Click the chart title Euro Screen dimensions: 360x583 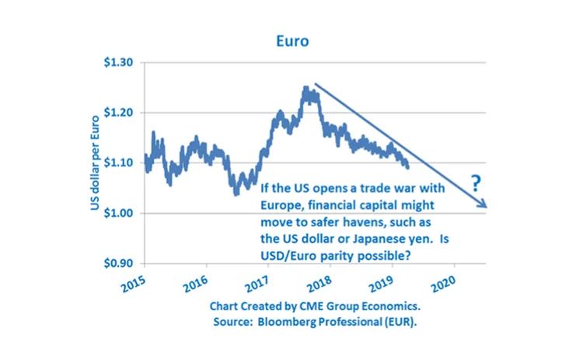point(291,38)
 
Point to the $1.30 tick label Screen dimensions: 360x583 point(119,63)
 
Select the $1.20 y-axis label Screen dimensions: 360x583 point(119,113)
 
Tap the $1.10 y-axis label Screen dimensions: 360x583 point(119,163)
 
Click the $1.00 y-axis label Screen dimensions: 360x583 point(119,213)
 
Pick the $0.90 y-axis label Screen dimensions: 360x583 point(119,263)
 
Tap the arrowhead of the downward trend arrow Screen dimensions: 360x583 point(484,204)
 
